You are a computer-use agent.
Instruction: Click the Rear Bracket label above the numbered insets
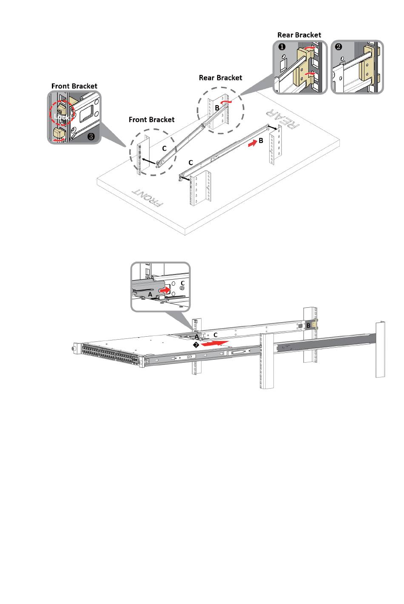pos(299,35)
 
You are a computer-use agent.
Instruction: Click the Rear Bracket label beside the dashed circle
pos(220,77)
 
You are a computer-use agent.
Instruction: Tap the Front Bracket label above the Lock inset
pos(74,86)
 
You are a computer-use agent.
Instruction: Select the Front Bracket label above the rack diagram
pos(151,120)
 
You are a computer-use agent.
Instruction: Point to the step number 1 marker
pos(282,47)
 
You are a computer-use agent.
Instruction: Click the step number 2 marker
pos(339,47)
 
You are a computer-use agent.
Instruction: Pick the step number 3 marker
pos(91,137)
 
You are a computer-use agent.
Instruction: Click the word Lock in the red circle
pos(61,116)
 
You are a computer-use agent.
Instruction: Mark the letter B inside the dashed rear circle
pos(217,108)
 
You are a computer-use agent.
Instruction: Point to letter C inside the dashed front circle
pos(164,149)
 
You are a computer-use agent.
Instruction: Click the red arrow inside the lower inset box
pos(164,290)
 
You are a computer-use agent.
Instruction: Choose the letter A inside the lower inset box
pos(150,294)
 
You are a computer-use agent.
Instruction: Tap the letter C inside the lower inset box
pos(182,283)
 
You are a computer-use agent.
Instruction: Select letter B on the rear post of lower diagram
pos(308,326)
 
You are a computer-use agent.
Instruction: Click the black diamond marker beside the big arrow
pos(196,345)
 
